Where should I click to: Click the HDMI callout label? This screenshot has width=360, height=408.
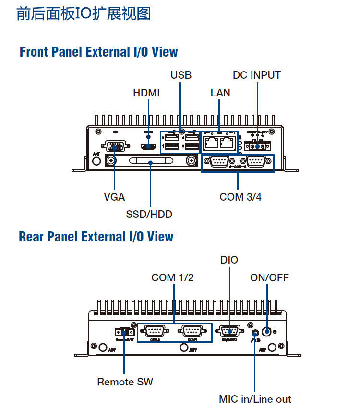pyautogui.click(x=146, y=93)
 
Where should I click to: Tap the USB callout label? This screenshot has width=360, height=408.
pyautogui.click(x=181, y=75)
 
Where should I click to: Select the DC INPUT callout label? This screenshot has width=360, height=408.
pyautogui.click(x=256, y=75)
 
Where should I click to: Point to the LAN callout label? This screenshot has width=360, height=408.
pyautogui.click(x=220, y=93)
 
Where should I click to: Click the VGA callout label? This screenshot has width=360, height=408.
pyautogui.click(x=114, y=197)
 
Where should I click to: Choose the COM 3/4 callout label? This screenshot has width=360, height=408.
pyautogui.click(x=240, y=197)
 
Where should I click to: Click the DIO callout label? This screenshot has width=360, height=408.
pyautogui.click(x=229, y=260)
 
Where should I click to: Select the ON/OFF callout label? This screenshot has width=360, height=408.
pyautogui.click(x=269, y=277)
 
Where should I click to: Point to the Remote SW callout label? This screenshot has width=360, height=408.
pyautogui.click(x=125, y=382)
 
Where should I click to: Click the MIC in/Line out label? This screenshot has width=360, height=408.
pyautogui.click(x=255, y=399)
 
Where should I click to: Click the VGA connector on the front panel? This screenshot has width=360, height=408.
pyautogui.click(x=114, y=146)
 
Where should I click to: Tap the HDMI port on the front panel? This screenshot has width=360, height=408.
pyautogui.click(x=147, y=147)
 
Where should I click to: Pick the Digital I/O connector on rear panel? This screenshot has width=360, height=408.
pyautogui.click(x=229, y=331)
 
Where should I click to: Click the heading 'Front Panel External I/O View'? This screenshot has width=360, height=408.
pyautogui.click(x=98, y=52)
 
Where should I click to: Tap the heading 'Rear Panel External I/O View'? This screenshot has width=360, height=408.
pyautogui.click(x=96, y=237)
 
